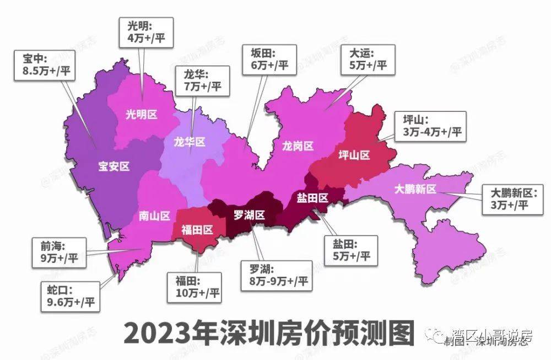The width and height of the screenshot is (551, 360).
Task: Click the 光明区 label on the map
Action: (142, 115)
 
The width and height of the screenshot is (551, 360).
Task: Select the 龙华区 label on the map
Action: (189, 142)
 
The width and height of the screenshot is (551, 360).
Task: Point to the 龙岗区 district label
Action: (298, 146)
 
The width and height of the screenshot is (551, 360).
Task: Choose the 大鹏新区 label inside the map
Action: (415, 190)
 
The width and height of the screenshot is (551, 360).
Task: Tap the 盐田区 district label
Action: (312, 197)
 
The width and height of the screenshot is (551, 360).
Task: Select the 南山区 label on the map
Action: (154, 216)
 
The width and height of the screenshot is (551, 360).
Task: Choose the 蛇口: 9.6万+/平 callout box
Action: (69, 295)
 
